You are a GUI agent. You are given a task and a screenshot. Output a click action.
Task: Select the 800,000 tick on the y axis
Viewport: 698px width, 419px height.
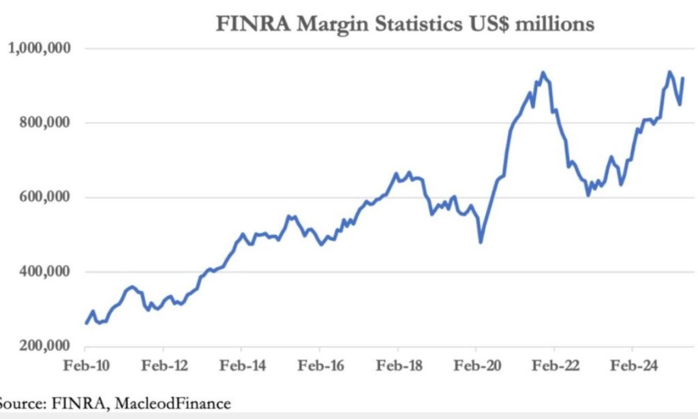(x=49, y=123)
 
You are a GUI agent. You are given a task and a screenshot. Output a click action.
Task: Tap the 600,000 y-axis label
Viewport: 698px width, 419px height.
(x=49, y=198)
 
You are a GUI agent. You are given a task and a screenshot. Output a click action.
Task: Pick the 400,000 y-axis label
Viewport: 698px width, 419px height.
(x=49, y=272)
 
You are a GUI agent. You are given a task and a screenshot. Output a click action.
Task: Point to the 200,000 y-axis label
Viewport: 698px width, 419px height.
(x=49, y=346)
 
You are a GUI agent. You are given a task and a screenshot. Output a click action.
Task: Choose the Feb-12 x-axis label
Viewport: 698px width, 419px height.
(x=164, y=365)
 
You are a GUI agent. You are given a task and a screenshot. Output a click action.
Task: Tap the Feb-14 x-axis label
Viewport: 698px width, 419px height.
(x=241, y=365)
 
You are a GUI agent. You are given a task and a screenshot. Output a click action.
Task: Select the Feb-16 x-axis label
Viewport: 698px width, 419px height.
(x=320, y=365)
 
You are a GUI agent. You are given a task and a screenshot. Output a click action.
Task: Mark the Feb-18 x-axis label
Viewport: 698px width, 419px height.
(x=398, y=365)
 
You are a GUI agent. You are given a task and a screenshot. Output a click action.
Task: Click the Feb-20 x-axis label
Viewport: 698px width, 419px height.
(x=476, y=365)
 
